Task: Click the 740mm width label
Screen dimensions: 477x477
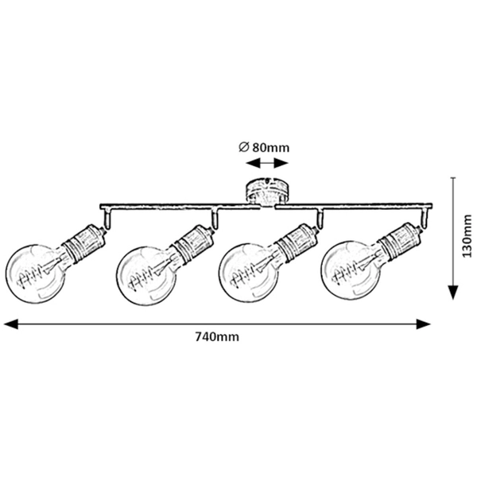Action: (x=216, y=337)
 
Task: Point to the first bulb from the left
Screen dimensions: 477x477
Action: (x=35, y=270)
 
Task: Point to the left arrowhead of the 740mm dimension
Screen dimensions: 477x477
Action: (x=10, y=323)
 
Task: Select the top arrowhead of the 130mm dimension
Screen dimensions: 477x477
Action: (x=450, y=182)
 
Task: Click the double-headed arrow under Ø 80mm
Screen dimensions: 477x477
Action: (x=266, y=162)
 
